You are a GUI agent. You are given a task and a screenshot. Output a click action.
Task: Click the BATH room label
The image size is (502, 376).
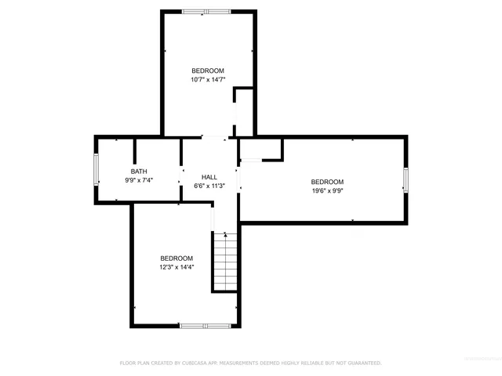[x=139, y=172]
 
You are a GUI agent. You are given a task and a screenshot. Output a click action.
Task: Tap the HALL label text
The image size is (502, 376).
[x=209, y=177]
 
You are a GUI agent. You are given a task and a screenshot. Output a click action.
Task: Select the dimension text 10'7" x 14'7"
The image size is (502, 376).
[x=208, y=79]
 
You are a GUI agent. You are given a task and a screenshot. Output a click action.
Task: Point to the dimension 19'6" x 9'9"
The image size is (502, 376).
[x=327, y=190]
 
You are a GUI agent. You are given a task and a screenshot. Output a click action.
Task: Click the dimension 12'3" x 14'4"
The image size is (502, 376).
[x=176, y=267]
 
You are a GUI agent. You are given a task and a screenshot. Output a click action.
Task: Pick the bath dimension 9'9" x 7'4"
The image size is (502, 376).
[x=139, y=180]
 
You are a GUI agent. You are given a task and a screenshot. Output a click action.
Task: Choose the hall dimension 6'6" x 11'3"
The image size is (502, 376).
[x=209, y=186]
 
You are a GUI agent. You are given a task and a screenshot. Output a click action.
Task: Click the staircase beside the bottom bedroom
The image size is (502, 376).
[x=224, y=262]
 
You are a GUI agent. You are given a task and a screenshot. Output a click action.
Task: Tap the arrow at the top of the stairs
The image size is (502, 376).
[x=225, y=233]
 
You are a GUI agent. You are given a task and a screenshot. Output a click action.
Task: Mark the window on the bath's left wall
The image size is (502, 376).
[x=96, y=170]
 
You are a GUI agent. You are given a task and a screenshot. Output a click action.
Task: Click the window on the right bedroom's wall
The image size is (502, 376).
[x=406, y=179]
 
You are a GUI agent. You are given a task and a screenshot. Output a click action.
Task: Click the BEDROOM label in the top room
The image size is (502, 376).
[x=208, y=70]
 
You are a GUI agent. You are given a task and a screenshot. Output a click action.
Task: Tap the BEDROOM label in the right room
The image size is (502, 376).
[x=327, y=181]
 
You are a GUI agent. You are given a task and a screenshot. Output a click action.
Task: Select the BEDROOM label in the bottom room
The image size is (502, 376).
[x=176, y=258]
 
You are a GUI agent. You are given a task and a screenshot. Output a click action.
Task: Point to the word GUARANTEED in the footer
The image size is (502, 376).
[x=362, y=363]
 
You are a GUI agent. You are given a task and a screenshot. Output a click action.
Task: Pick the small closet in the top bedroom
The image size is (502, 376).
[x=244, y=113]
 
